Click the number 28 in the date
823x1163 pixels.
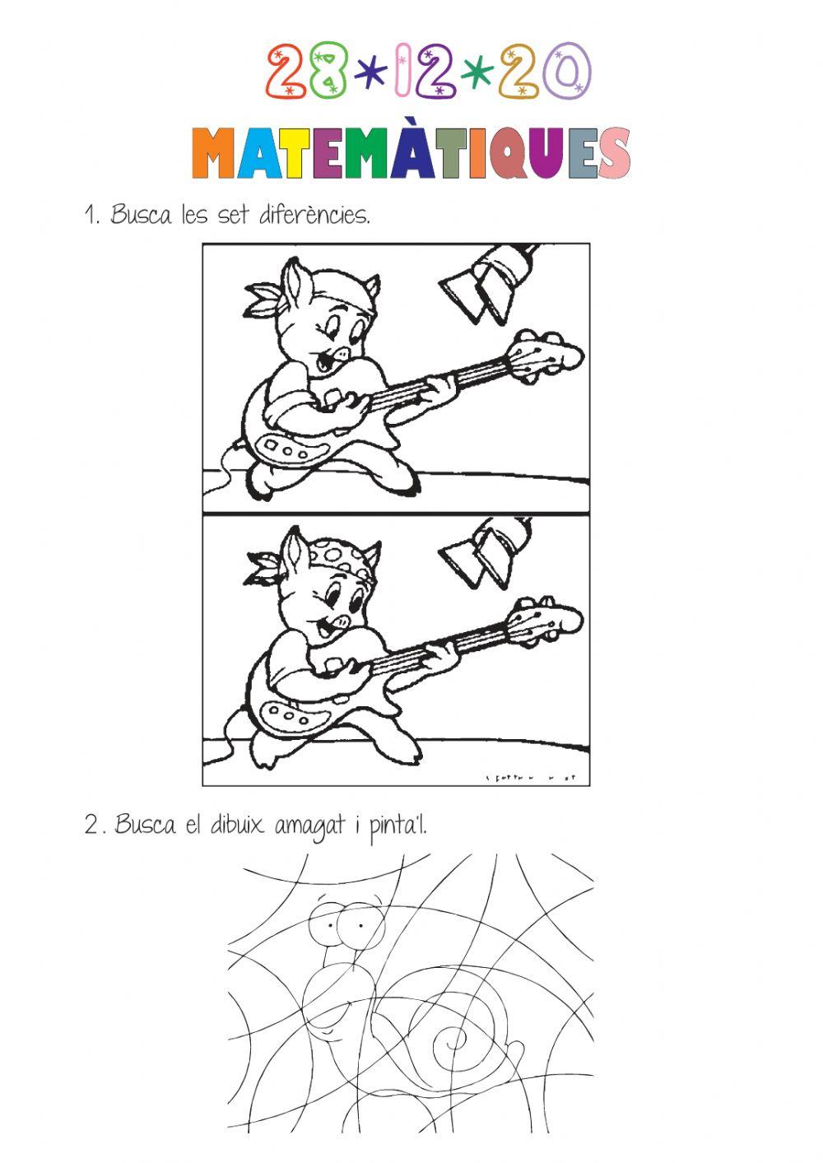(x=307, y=72)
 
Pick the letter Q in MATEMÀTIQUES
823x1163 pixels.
(x=513, y=154)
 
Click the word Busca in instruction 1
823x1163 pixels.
(x=141, y=216)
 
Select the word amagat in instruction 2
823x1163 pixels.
(x=309, y=824)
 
